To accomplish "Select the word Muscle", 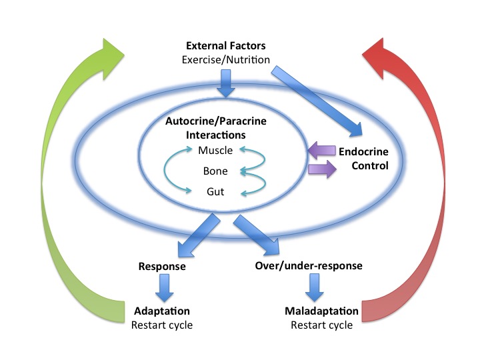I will [216, 150].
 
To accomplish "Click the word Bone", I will [216, 171].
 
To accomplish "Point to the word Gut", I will [216, 193].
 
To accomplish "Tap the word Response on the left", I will [161, 265].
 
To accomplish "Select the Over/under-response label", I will [309, 265].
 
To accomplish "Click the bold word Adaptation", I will [162, 311].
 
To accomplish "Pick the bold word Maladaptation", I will [322, 311].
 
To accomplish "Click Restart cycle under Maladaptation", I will [322, 325].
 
